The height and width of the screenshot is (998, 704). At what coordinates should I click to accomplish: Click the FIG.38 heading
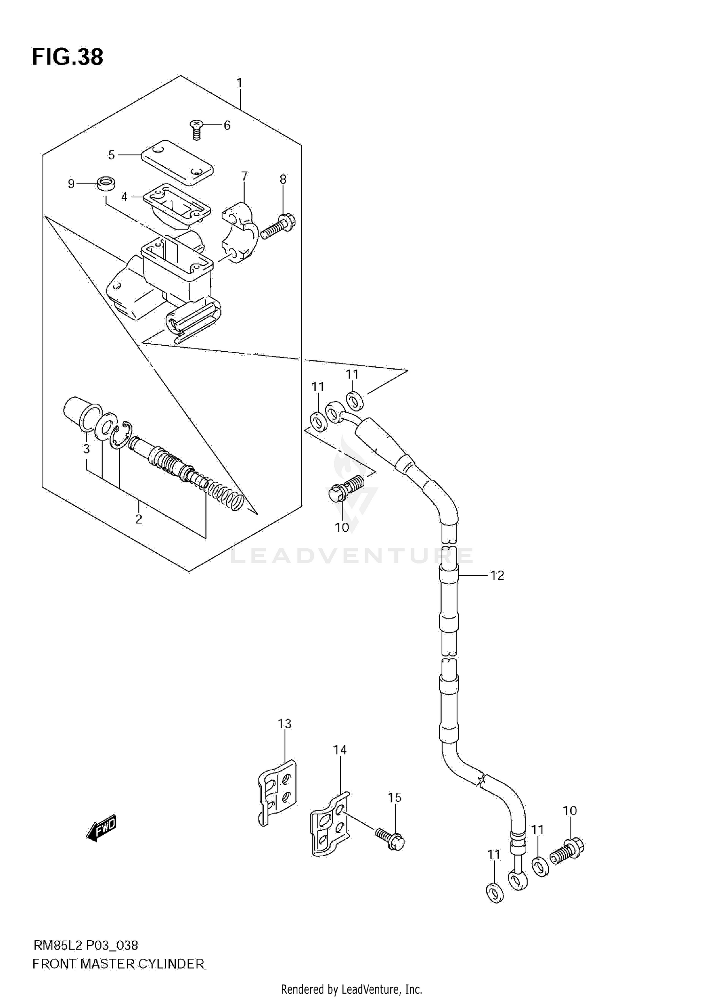(x=67, y=57)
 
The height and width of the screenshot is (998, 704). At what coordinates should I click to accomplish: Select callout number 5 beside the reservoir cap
(x=111, y=155)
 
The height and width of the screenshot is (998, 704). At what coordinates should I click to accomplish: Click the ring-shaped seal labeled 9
(x=107, y=183)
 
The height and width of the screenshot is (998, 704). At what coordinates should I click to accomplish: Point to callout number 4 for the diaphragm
(x=124, y=197)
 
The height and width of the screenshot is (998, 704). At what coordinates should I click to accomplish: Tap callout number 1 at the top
(x=239, y=84)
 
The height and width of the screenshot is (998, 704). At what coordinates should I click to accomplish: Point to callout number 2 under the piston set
(x=138, y=519)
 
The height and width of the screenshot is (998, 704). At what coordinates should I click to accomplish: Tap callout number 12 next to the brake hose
(x=497, y=575)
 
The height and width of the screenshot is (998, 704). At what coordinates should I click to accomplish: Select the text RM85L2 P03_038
(x=85, y=945)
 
